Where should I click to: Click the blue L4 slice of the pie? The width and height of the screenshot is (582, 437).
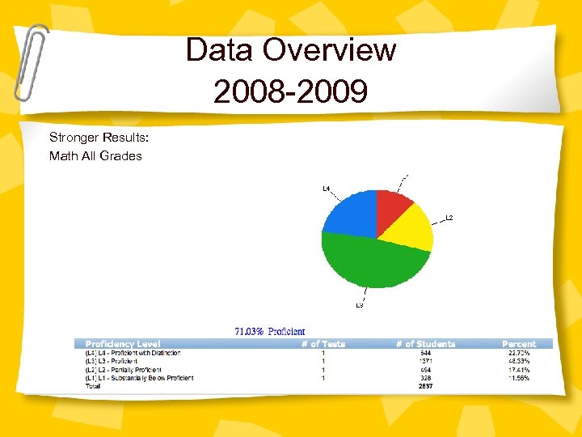pyautogui.click(x=348, y=212)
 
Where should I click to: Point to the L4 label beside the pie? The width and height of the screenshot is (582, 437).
pyautogui.click(x=327, y=189)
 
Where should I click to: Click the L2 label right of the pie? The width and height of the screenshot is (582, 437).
pyautogui.click(x=449, y=218)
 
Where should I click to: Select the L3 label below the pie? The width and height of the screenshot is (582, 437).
pyautogui.click(x=360, y=306)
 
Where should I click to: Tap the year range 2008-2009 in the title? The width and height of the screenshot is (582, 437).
pyautogui.click(x=290, y=91)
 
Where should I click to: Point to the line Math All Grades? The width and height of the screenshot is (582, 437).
pyautogui.click(x=95, y=155)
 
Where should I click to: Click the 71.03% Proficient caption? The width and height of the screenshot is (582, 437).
pyautogui.click(x=270, y=331)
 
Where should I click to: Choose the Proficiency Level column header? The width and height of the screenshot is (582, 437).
pyautogui.click(x=123, y=344)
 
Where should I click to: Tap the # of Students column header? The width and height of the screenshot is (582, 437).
pyautogui.click(x=425, y=344)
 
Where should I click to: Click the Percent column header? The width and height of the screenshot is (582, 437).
pyautogui.click(x=518, y=344)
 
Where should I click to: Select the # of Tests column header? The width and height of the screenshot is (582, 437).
pyautogui.click(x=323, y=344)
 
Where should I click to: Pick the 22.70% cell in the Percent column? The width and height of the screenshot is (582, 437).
pyautogui.click(x=518, y=353)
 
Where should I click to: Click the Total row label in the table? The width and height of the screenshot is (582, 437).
pyautogui.click(x=94, y=386)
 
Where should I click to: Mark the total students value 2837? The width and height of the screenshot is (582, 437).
pyautogui.click(x=425, y=386)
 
